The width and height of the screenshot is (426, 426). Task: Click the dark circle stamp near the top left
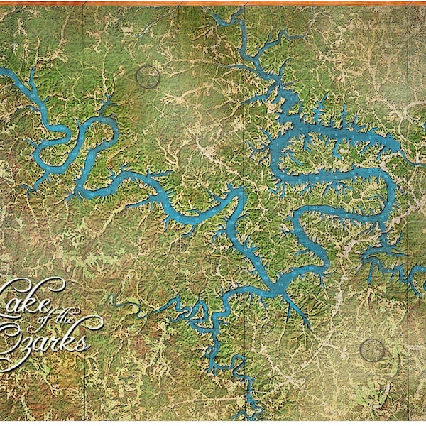point(148,77)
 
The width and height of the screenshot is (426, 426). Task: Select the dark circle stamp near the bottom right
point(372,349)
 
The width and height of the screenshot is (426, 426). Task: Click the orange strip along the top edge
point(213,3)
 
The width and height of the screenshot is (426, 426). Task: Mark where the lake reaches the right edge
point(422,284)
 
